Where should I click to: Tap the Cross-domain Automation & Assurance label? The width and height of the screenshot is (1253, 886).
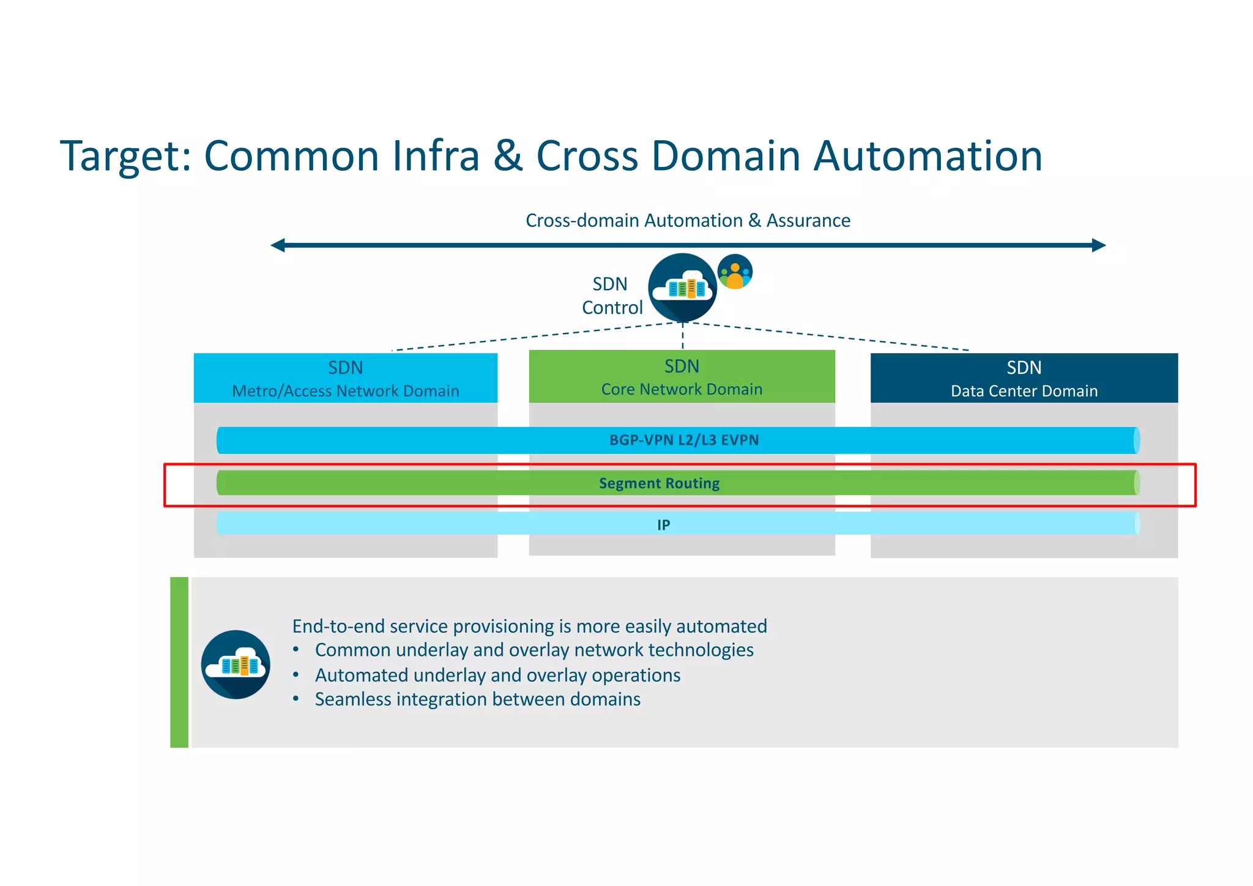point(688,220)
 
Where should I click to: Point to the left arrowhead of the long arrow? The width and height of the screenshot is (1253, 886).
point(279,245)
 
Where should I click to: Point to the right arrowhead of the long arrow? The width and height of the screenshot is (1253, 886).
point(1098,245)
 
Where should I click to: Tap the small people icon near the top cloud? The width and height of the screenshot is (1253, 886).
point(735,272)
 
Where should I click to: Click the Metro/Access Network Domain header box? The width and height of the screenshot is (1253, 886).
point(345,378)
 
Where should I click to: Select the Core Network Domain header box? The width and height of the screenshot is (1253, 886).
point(682,376)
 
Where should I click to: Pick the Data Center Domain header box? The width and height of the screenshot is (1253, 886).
point(1024,378)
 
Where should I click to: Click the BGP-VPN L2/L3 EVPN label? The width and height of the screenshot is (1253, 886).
point(683,440)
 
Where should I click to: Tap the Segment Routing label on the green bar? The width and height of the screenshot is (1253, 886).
point(659,483)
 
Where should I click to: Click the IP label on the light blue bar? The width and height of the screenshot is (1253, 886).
point(663,524)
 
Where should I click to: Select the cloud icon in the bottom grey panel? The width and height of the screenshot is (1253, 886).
point(236,664)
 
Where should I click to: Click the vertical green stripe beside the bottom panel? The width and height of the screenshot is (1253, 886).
point(179,662)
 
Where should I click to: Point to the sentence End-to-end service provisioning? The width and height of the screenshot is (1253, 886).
point(529,626)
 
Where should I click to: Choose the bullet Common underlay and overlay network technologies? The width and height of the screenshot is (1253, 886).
point(534,650)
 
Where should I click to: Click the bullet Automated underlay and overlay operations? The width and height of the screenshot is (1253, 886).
point(497,675)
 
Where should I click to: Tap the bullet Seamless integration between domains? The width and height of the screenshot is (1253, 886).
point(477,699)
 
